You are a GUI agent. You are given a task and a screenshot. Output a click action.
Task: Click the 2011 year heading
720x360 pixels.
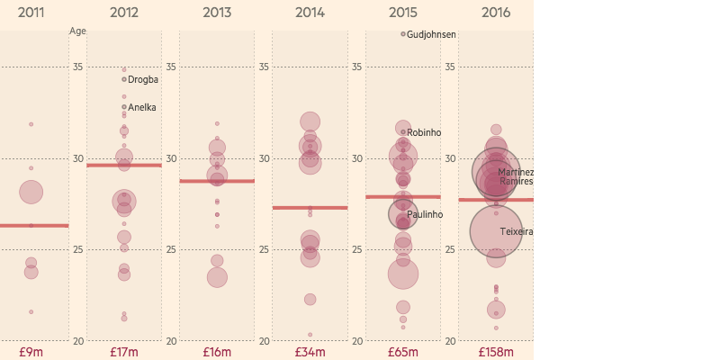coord(31,13)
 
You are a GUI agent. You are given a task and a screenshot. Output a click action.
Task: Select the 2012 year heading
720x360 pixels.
coord(124,13)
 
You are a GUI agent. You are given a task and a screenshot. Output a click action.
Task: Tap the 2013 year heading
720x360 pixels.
coord(217,13)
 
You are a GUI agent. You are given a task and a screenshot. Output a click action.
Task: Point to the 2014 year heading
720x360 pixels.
coord(310,13)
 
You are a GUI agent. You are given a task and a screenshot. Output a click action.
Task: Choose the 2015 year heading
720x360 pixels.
coord(403,13)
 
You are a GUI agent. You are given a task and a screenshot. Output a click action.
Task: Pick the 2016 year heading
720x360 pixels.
coord(496,13)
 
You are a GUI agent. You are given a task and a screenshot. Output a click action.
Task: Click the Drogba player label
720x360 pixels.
coord(143,80)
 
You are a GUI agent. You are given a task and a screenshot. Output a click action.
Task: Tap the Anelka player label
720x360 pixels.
coord(142,108)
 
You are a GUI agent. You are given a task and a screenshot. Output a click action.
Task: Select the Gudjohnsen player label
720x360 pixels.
coord(431,35)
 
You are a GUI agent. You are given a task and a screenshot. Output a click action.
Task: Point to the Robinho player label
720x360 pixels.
coord(424,133)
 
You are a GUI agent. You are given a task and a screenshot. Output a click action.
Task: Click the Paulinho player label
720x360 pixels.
coord(425,215)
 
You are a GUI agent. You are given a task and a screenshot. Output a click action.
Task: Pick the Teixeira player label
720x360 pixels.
coord(517,232)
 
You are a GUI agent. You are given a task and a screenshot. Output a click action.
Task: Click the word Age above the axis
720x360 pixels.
coord(77,30)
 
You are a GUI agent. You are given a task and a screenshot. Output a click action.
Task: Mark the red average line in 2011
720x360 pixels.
coord(33,225)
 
